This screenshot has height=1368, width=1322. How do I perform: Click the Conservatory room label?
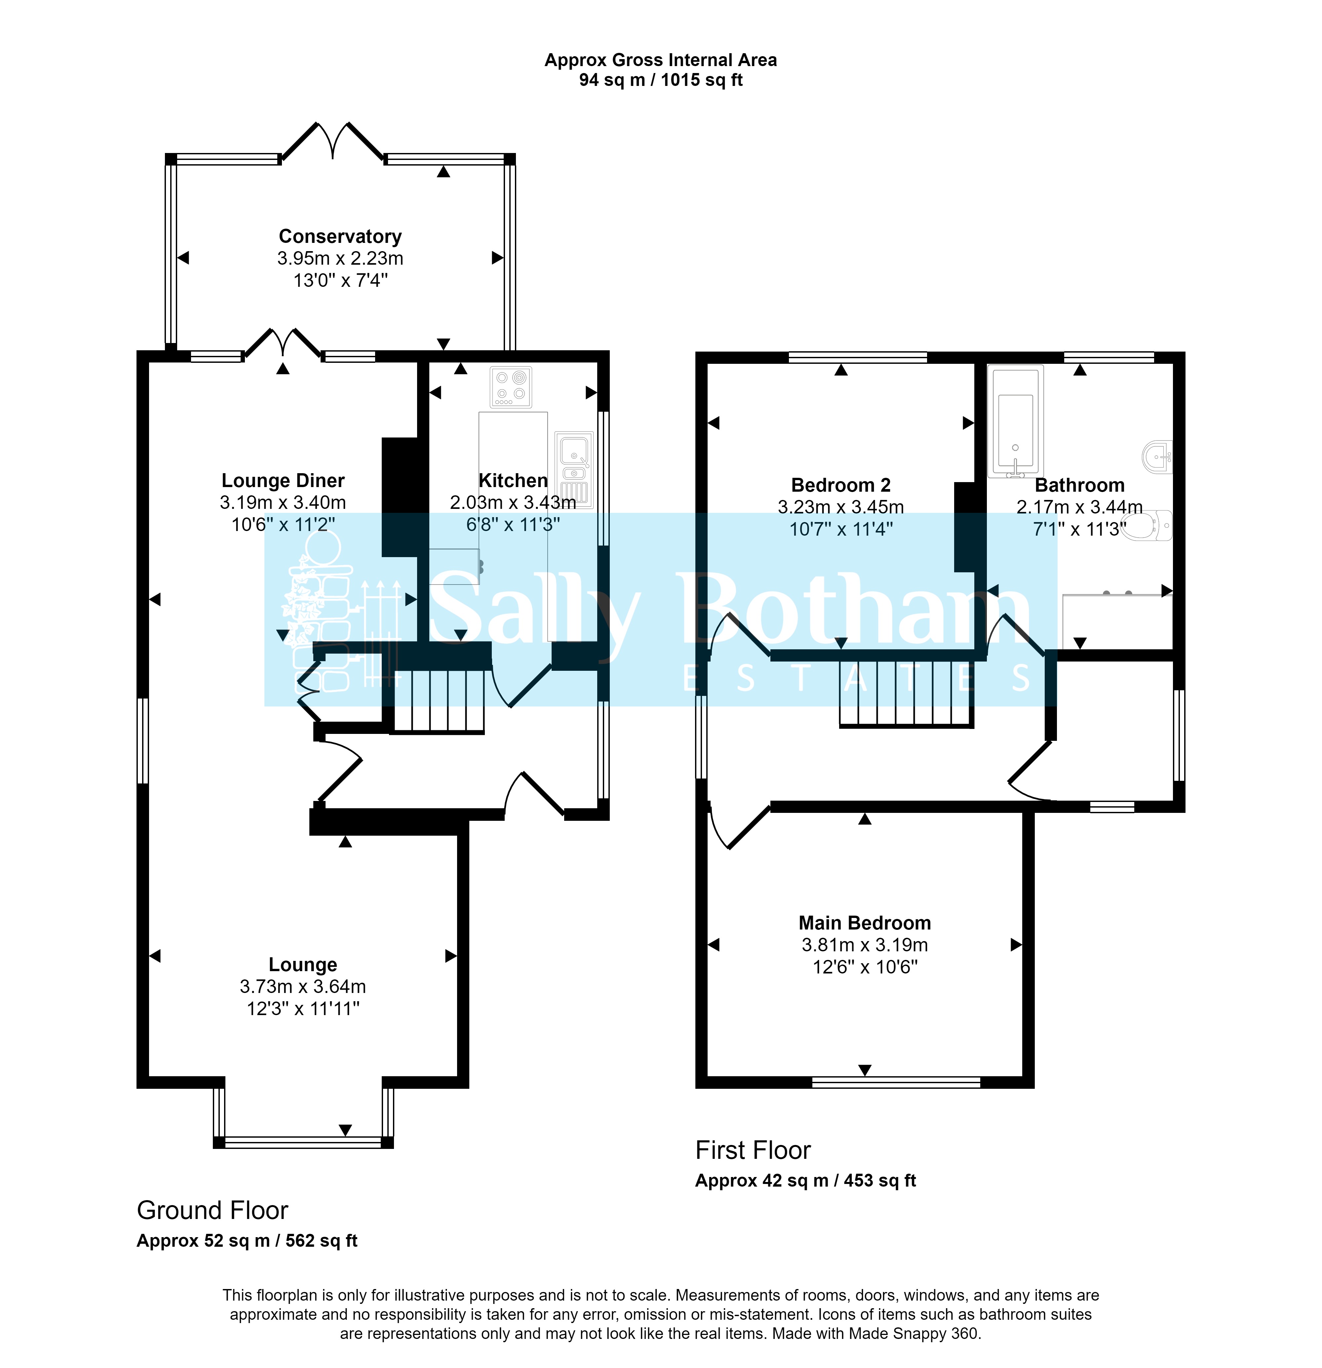(340, 237)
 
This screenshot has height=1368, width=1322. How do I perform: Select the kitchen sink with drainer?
(574, 470)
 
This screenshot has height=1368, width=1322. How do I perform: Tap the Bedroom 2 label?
(840, 485)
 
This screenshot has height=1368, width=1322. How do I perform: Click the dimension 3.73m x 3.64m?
(302, 986)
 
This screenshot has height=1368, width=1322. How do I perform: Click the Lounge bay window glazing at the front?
(303, 1142)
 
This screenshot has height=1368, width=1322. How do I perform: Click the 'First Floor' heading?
(753, 1150)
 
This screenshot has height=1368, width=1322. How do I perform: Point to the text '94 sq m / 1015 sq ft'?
(660, 80)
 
